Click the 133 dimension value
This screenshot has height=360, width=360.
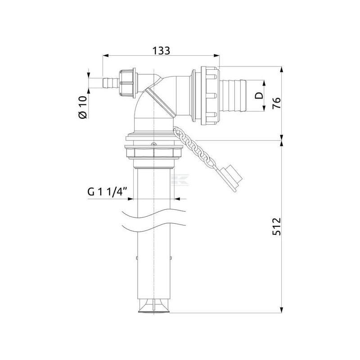[161, 51]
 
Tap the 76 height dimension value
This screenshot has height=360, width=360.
[276, 103]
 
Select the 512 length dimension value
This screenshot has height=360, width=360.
[276, 226]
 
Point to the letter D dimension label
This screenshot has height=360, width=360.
[259, 95]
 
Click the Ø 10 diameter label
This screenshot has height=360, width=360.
[83, 107]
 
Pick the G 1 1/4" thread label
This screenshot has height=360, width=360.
[108, 192]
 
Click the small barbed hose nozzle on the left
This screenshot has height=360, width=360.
[111, 84]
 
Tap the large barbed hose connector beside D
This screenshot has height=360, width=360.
[233, 95]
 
